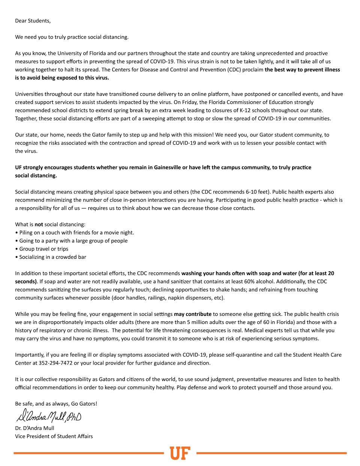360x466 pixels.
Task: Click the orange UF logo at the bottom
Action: point(180,453)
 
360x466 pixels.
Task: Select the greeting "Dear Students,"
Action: point(33,21)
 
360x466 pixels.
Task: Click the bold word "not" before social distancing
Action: point(39,224)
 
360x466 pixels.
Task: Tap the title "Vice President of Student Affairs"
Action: point(54,436)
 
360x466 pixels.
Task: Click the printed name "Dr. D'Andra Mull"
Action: point(34,428)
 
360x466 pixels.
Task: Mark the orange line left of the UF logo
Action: point(88,453)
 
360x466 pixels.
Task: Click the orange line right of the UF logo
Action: point(271,453)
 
